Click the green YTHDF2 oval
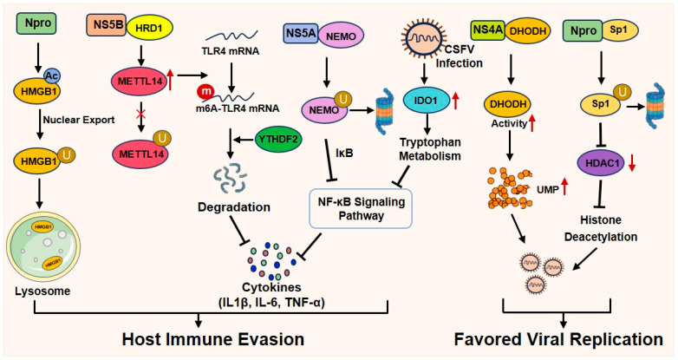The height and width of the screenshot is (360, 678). (x=278, y=140)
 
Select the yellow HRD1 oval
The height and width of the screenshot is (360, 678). (x=149, y=27)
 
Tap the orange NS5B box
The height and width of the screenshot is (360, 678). (x=107, y=24)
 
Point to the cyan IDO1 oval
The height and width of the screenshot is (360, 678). (x=426, y=101)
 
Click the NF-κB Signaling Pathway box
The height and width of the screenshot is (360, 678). (x=361, y=208)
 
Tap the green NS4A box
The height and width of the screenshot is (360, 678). (x=488, y=29)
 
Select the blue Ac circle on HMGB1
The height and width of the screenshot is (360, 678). (x=52, y=76)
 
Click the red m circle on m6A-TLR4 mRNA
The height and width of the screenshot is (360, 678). (x=206, y=92)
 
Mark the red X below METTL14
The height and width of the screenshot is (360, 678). (x=141, y=115)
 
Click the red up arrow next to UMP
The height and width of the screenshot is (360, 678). (x=564, y=187)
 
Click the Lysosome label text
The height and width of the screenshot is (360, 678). (x=42, y=291)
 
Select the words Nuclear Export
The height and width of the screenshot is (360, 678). (x=79, y=120)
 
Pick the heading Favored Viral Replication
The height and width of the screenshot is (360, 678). (x=558, y=340)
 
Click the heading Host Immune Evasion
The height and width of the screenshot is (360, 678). (x=213, y=339)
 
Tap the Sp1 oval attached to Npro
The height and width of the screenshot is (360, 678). (x=619, y=30)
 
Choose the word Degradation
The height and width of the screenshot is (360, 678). (x=234, y=206)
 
